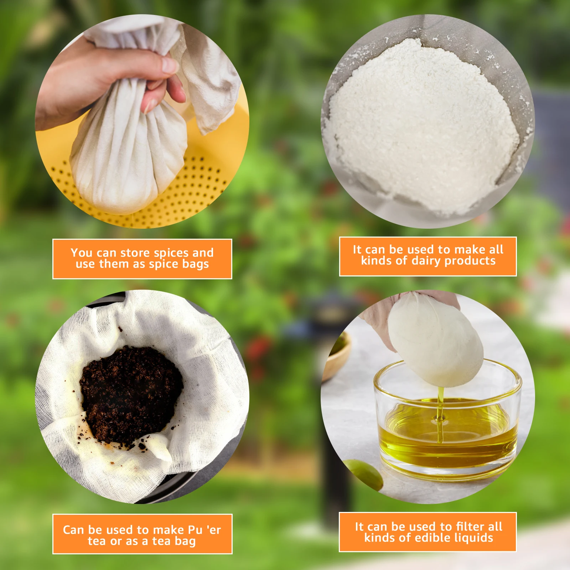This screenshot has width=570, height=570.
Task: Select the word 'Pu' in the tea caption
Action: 195,530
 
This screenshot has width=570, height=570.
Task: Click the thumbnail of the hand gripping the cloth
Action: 142,121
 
